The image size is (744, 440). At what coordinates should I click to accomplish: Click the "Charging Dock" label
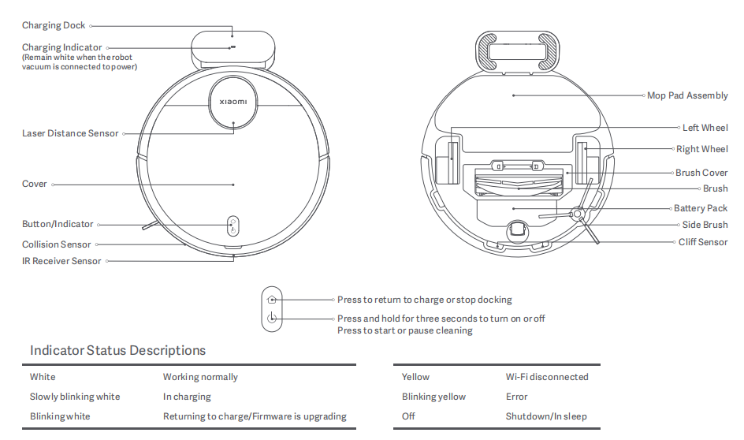[54, 26]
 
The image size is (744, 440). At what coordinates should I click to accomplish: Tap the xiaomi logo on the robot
[232, 102]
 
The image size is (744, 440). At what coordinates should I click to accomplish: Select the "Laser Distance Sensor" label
[70, 133]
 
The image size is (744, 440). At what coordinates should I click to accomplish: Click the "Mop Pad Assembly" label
[687, 95]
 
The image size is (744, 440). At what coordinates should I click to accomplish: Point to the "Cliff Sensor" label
[703, 242]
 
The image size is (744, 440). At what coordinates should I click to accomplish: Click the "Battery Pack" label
[701, 208]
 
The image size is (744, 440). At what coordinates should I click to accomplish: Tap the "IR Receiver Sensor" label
[61, 261]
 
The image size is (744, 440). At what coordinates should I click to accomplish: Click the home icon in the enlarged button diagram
[272, 300]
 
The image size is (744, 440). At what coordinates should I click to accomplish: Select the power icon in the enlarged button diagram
[272, 319]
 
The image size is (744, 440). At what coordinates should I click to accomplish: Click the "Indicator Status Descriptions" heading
[117, 350]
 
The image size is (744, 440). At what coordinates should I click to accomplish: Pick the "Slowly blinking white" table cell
[75, 397]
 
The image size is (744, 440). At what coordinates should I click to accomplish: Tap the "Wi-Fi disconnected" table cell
[547, 377]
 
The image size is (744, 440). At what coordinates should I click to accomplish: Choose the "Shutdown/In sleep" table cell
[546, 416]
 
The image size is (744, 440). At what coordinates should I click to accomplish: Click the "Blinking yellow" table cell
[433, 397]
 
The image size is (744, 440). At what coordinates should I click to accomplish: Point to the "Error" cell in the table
[517, 397]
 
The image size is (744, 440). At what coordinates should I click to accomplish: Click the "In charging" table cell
[187, 397]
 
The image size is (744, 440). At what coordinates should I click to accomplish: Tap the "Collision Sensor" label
[57, 244]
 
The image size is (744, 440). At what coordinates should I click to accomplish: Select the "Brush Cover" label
[701, 173]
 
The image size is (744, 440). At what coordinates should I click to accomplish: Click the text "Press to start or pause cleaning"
[405, 330]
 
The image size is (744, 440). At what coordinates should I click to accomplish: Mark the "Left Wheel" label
[705, 128]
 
